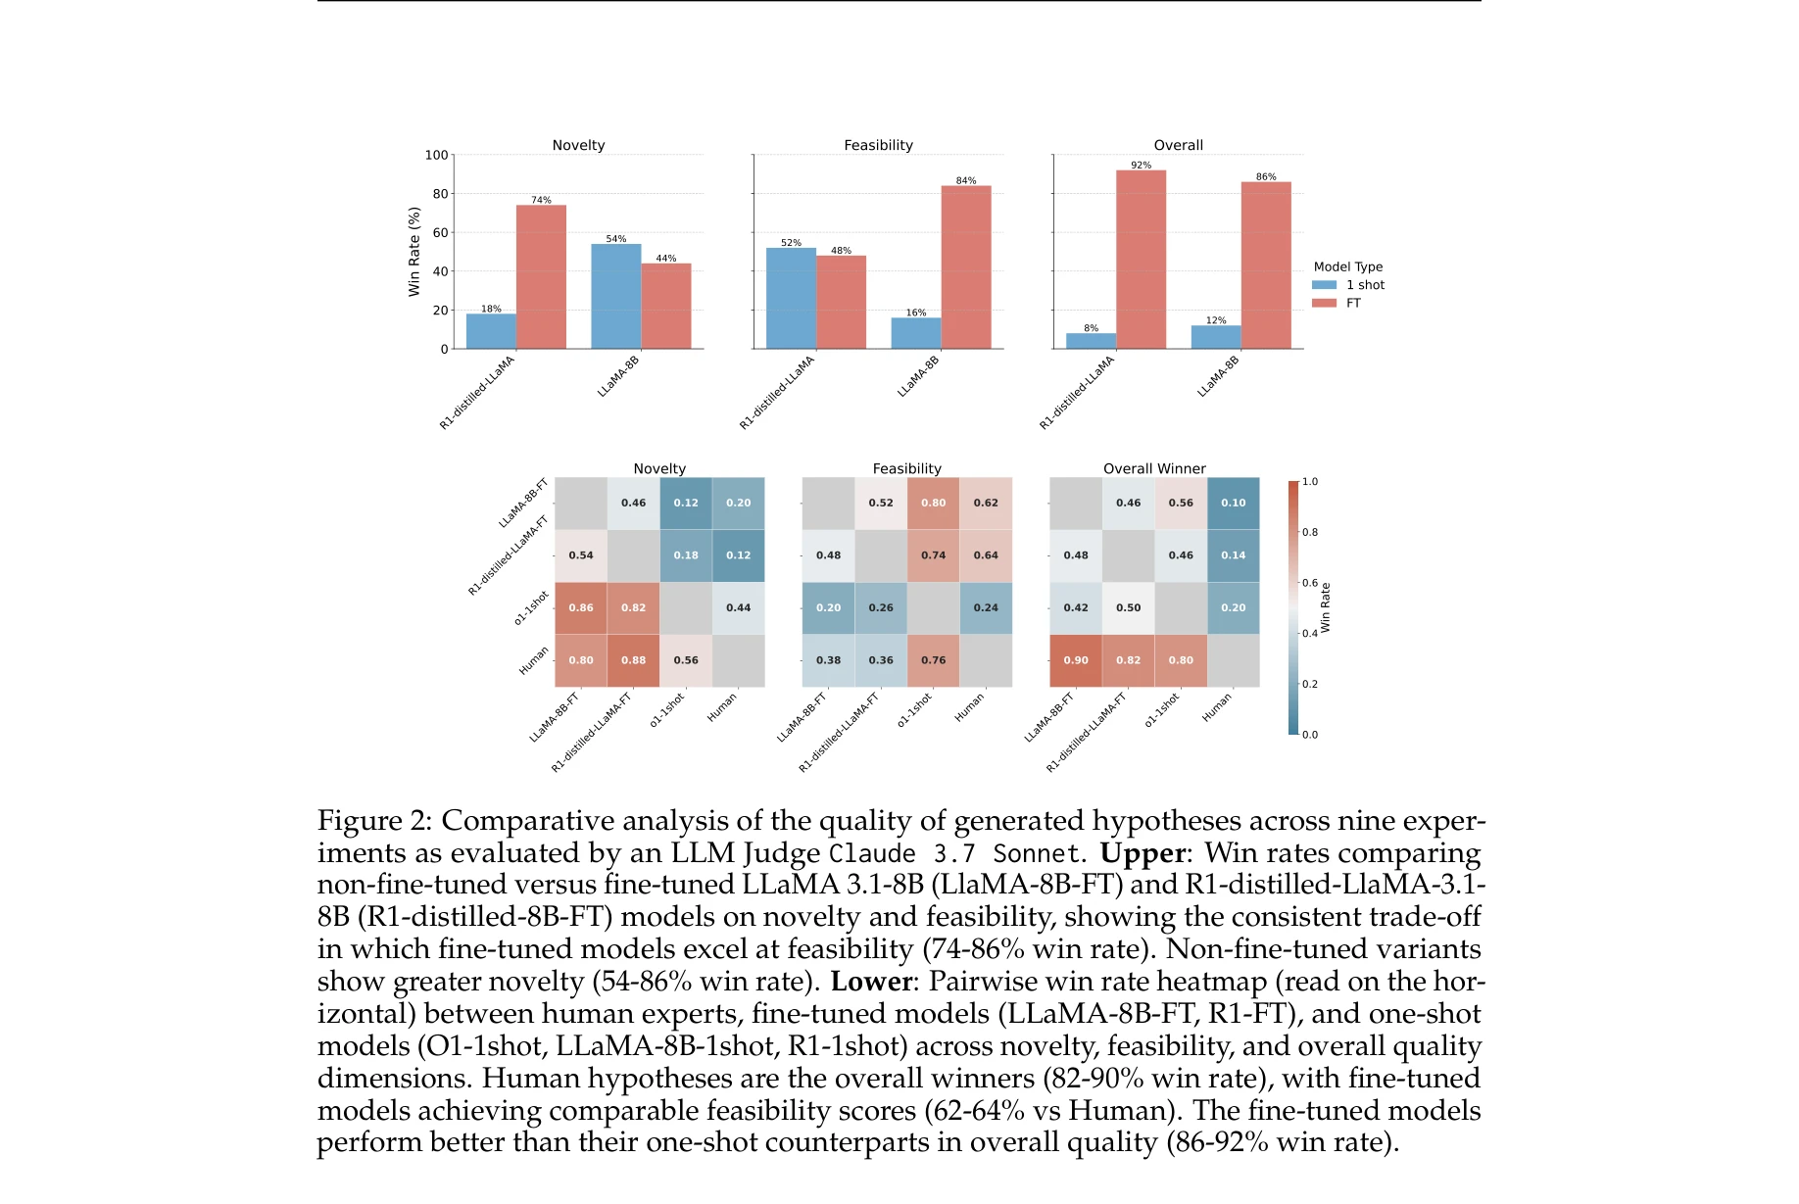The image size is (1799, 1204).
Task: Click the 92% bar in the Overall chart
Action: pos(1141,260)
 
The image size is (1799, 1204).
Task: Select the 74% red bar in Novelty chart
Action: pos(541,276)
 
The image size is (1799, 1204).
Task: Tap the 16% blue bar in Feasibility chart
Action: pos(915,333)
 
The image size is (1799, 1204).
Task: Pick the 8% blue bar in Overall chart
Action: pos(1091,341)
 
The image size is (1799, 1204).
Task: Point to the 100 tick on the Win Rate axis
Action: pos(436,155)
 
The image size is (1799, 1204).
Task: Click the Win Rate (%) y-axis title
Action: pos(413,252)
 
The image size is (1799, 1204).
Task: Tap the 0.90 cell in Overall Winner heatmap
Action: pos(1075,660)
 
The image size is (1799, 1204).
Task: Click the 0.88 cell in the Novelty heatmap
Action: pos(633,660)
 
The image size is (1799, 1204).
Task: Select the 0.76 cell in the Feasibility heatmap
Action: pos(933,660)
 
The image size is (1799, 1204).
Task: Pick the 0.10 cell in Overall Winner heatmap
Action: pos(1233,503)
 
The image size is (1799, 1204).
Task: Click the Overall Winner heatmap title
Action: pos(1154,468)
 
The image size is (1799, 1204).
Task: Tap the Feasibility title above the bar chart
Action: pos(878,145)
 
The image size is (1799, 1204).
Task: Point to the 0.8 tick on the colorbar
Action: pos(1309,532)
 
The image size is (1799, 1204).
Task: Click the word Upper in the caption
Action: pos(1142,853)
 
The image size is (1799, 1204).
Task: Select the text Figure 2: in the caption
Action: pos(374,821)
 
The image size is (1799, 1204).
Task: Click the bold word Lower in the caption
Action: pos(871,982)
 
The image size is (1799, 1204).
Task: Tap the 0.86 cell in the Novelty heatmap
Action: pos(580,607)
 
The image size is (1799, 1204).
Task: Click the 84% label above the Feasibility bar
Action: pos(965,180)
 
